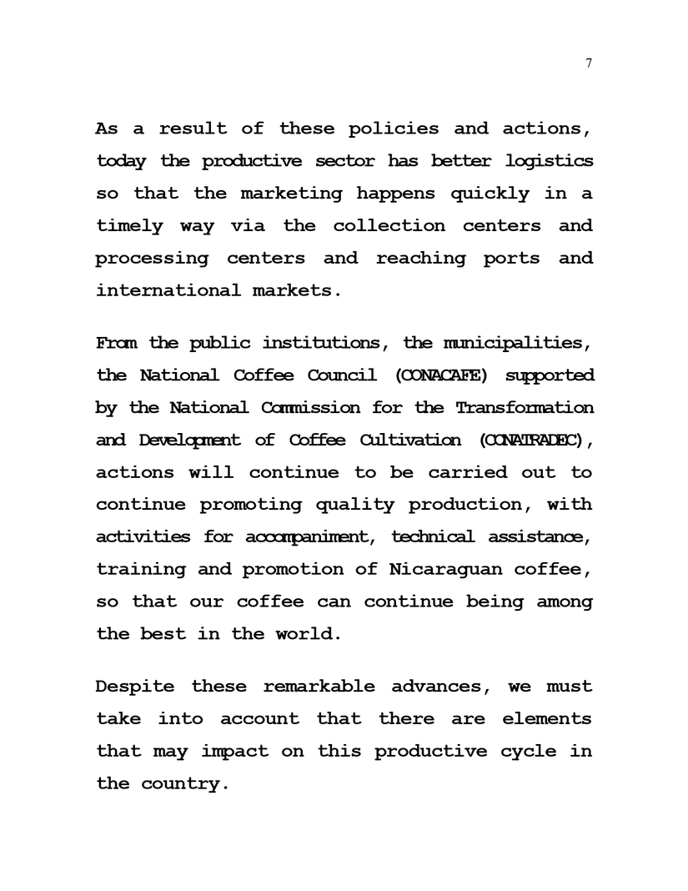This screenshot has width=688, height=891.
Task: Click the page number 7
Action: (589, 63)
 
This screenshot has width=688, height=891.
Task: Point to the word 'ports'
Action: (511, 258)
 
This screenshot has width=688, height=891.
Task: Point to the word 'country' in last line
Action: (181, 783)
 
